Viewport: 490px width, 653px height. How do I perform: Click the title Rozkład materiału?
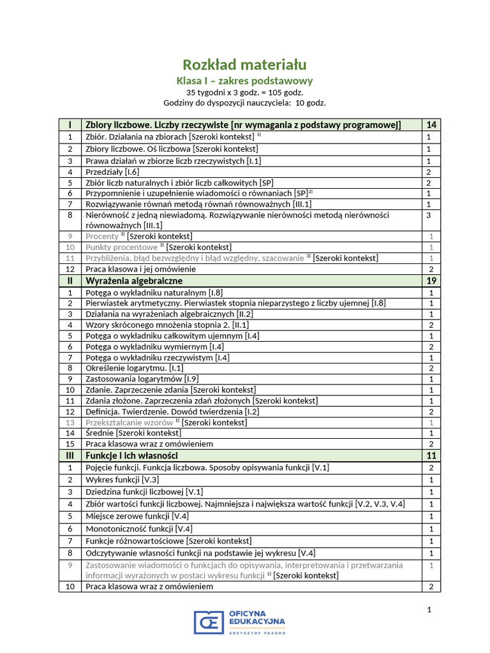click(244, 64)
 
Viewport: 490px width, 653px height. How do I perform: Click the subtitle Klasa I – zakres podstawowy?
click(244, 81)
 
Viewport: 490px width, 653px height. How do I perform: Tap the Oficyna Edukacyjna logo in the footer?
click(240, 622)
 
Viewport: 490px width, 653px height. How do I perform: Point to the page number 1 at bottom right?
click(429, 610)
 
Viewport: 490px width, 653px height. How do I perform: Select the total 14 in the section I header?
click(431, 125)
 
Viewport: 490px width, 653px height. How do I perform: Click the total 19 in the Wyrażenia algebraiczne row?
click(431, 281)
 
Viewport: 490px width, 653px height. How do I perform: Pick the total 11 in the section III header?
click(431, 456)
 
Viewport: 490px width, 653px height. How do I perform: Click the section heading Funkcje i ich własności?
click(131, 456)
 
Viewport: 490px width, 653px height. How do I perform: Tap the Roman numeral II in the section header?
click(70, 281)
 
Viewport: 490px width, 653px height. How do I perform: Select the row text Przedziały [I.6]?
click(112, 172)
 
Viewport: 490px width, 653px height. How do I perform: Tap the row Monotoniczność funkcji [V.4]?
click(139, 529)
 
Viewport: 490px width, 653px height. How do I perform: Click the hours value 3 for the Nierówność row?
click(429, 216)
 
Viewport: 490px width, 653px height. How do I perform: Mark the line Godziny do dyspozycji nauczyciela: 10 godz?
click(244, 103)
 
